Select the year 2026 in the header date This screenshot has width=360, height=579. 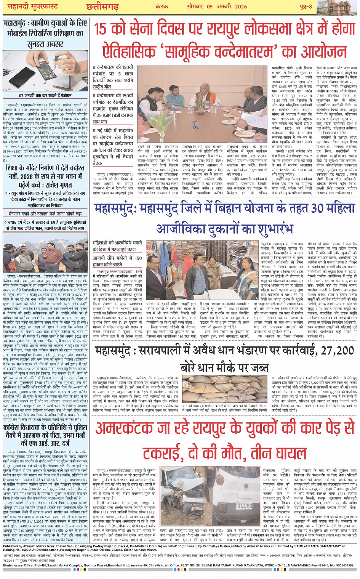pyautogui.click(x=239, y=6)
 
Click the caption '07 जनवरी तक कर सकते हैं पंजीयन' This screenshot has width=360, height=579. pyautogui.click(x=45, y=96)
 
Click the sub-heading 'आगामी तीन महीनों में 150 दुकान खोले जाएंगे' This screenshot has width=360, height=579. pyautogui.click(x=117, y=261)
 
